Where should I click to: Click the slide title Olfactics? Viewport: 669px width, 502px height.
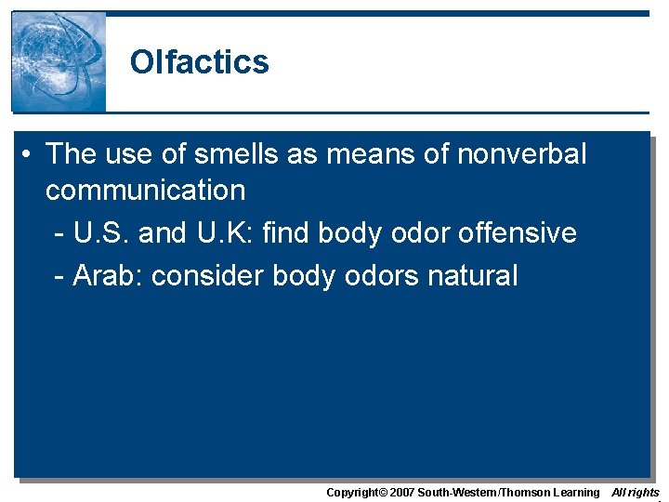[199, 62]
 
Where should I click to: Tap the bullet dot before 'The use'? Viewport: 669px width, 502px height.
[31, 154]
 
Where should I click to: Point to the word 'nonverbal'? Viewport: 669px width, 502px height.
[522, 153]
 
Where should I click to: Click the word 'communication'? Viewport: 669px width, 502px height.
[145, 191]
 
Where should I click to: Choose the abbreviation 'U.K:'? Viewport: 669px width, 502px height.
[219, 232]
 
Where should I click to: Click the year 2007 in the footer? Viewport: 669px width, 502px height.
[401, 492]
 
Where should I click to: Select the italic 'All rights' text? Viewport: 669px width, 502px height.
[636, 492]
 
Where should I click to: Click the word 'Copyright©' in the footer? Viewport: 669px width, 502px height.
[357, 492]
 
